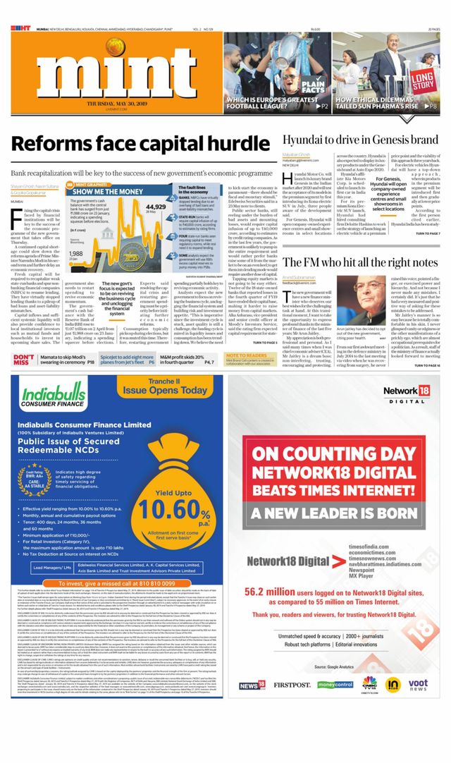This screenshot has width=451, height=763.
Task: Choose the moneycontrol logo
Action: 335,684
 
